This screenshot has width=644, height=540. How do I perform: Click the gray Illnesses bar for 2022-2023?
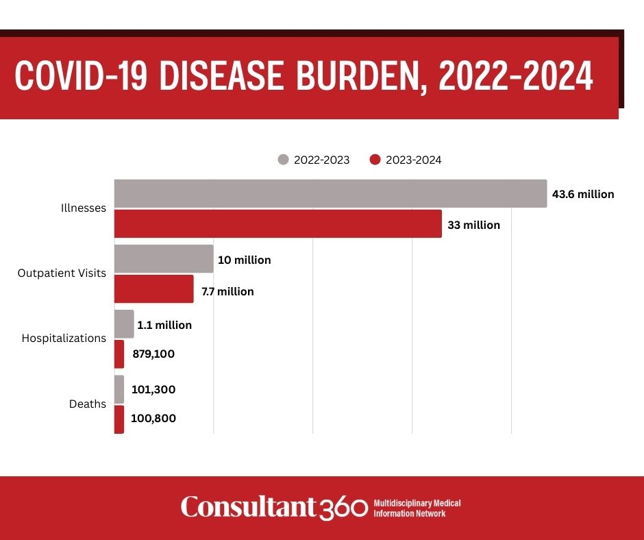click(x=331, y=193)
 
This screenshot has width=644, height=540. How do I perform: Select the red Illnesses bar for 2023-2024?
click(x=278, y=223)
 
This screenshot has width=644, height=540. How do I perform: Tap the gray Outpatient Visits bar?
click(x=164, y=259)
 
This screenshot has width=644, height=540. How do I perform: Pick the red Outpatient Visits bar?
click(x=154, y=289)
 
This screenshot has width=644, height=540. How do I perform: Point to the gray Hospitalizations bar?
click(x=124, y=324)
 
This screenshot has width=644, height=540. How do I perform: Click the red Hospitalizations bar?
click(x=119, y=354)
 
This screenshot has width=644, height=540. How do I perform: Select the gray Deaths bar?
click(x=119, y=389)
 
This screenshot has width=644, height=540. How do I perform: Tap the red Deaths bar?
click(x=119, y=419)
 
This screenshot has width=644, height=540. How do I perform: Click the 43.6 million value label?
click(x=583, y=194)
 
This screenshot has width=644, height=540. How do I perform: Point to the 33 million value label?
click(x=474, y=225)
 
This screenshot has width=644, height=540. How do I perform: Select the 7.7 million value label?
click(x=227, y=291)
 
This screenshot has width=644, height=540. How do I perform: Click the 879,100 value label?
click(x=153, y=354)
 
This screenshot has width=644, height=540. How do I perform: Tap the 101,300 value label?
click(x=153, y=389)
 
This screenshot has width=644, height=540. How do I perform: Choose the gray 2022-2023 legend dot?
click(x=284, y=160)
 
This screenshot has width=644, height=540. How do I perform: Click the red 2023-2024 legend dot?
click(x=375, y=160)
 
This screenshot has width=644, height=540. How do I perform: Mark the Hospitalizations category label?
click(x=64, y=339)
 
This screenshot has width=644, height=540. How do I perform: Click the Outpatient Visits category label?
click(x=62, y=273)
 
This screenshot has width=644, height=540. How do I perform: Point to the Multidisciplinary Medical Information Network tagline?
click(x=417, y=508)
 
